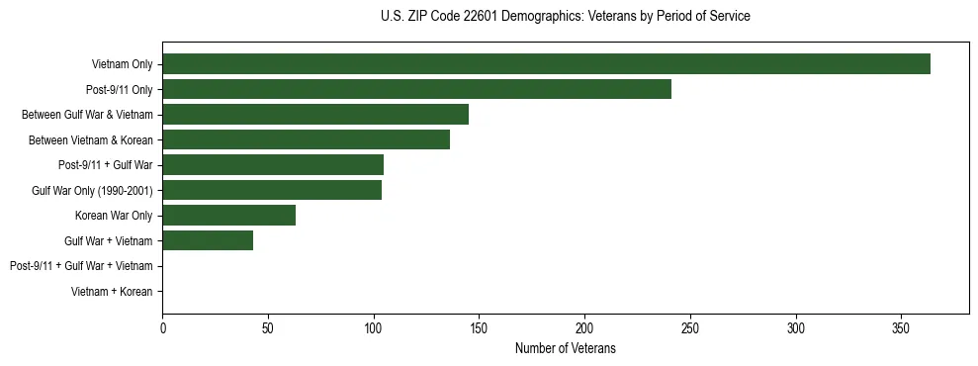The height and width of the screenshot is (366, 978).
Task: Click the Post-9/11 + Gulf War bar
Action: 273,164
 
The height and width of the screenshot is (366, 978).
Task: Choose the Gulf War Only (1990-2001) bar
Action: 272,190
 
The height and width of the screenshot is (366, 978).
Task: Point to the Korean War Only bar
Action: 228,215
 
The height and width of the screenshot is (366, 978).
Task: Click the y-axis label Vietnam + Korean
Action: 112,291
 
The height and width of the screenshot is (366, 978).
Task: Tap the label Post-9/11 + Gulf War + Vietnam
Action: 81,266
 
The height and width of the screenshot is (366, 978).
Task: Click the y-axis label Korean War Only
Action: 114,216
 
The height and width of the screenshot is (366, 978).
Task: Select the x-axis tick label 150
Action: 479,327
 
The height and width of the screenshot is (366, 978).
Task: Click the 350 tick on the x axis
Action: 901,327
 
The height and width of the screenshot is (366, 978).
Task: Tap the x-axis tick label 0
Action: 162,327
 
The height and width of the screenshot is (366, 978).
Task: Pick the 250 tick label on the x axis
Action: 690,327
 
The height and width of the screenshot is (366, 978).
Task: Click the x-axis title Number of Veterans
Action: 565,348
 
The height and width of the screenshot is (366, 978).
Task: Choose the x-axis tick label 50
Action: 268,327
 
